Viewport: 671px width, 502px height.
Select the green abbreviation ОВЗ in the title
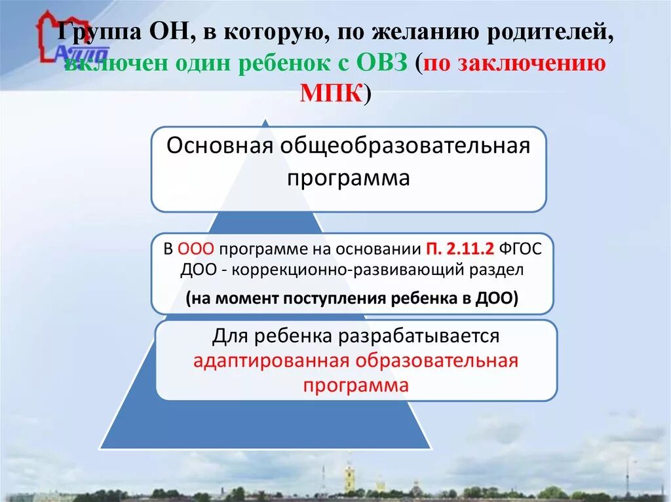[x=383, y=63]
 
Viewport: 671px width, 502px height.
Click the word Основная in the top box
[x=219, y=145]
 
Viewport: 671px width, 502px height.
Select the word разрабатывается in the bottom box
[x=419, y=336]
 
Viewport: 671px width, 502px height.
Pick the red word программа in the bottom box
[x=356, y=385]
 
